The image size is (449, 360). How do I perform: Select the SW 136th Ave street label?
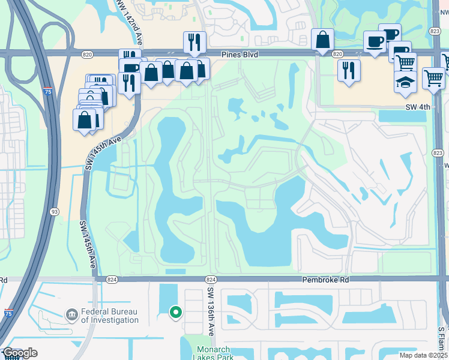(x=210, y=311)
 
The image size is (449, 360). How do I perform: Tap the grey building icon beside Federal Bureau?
(x=71, y=314)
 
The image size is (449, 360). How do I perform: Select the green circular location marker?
(x=176, y=312)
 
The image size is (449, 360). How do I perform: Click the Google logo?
(x=20, y=353)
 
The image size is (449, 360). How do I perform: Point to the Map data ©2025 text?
(x=423, y=355)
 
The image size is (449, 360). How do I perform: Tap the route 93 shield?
(x=55, y=211)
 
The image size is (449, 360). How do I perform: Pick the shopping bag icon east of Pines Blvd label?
(x=322, y=40)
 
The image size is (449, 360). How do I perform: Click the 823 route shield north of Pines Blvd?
(x=435, y=32)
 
